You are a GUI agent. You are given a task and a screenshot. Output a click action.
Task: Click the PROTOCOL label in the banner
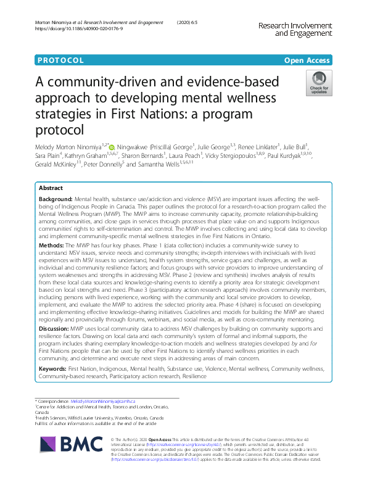coord(60,60)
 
